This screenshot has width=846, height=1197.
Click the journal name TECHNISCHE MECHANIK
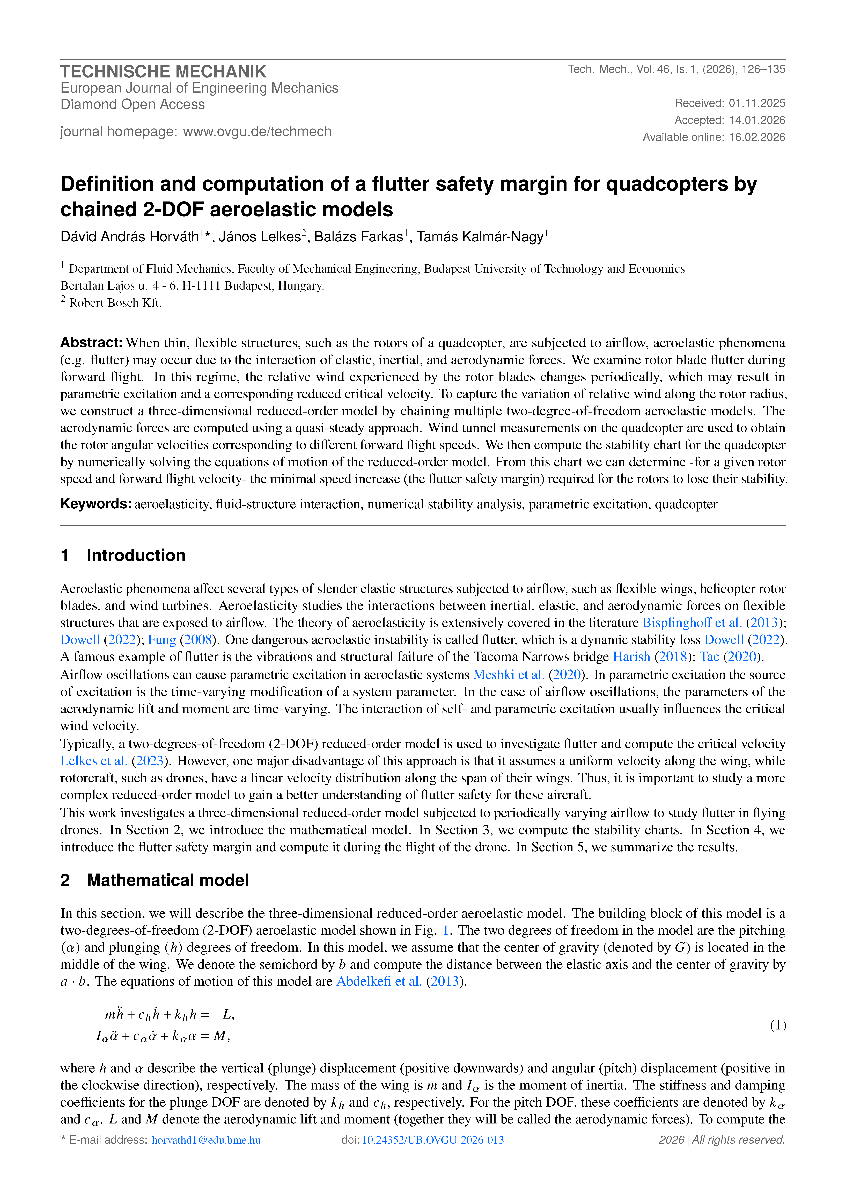pyautogui.click(x=163, y=71)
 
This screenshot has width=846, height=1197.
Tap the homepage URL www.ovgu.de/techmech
pyautogui.click(x=257, y=131)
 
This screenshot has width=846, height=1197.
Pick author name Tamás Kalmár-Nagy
pyautogui.click(x=480, y=237)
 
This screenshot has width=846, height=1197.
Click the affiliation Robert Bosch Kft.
pyautogui.click(x=115, y=303)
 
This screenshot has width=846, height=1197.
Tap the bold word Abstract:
pyautogui.click(x=91, y=343)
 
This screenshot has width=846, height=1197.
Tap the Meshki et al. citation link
pyautogui.click(x=508, y=675)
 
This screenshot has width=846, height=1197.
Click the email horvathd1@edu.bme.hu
pyautogui.click(x=206, y=1140)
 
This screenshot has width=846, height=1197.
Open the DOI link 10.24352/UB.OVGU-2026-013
pyautogui.click(x=433, y=1140)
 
